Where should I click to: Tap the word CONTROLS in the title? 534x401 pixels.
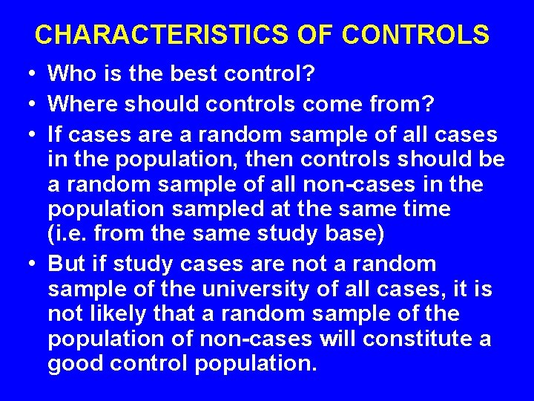click(416, 35)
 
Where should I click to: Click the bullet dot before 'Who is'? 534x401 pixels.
click(27, 74)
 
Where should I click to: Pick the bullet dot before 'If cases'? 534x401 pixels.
click(27, 135)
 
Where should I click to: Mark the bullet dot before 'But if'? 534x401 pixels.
click(27, 264)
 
